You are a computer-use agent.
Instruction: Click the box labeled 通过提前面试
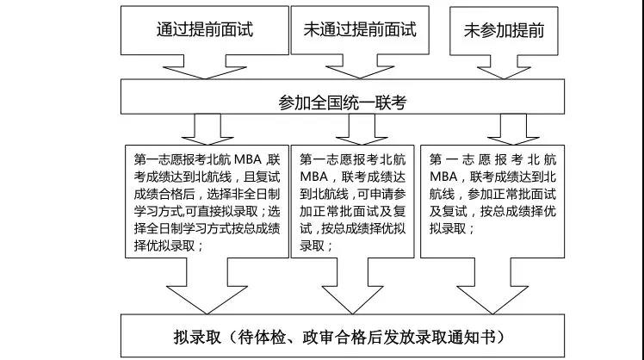pyautogui.click(x=205, y=30)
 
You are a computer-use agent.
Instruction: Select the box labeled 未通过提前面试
pyautogui.click(x=360, y=30)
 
